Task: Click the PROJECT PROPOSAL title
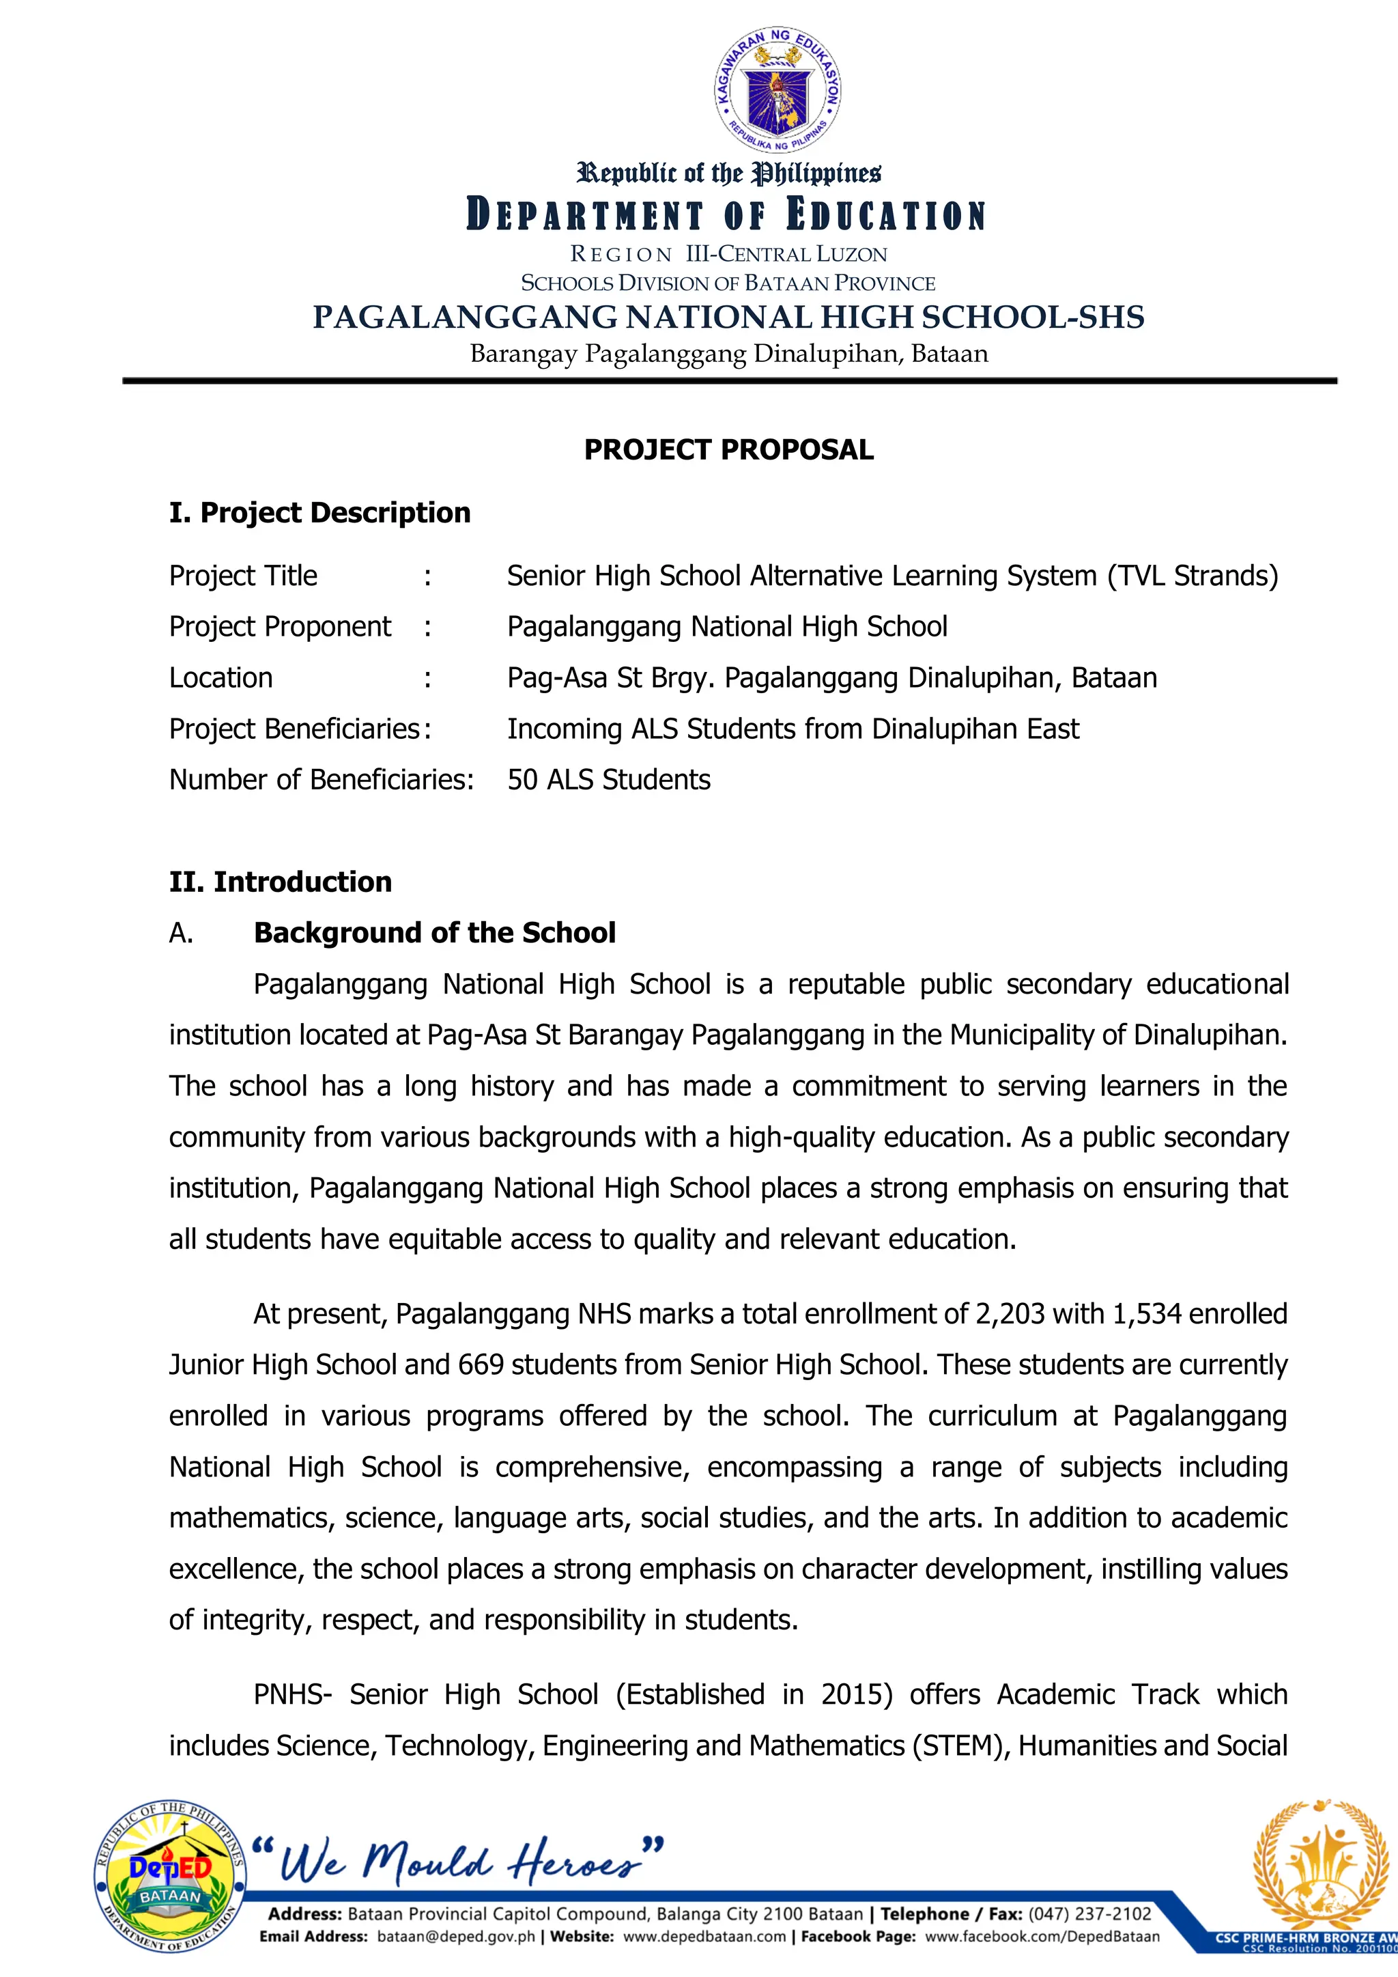pos(728,449)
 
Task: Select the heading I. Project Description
pos(319,512)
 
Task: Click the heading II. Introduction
pos(280,882)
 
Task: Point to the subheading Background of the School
pos(434,933)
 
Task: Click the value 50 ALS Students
pos(609,779)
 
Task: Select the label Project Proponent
pos(280,626)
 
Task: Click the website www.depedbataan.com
pos(704,1937)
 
